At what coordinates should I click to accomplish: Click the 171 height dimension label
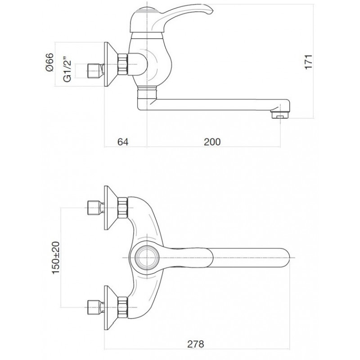308,61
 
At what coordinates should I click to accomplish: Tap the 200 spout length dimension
212,142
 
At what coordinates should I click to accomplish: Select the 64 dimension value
123,142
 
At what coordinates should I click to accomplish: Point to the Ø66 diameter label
49,62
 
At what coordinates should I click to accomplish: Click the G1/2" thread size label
67,71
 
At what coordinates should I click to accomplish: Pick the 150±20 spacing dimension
55,257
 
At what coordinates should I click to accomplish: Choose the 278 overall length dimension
196,344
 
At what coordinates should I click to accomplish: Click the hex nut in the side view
122,64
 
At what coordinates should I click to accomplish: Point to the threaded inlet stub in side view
95,71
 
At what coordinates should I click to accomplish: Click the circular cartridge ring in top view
147,257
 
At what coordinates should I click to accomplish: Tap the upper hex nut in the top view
122,207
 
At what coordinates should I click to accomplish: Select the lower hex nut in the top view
122,308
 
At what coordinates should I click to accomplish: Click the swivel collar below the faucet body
147,94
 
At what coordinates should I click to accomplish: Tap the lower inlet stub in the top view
95,307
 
